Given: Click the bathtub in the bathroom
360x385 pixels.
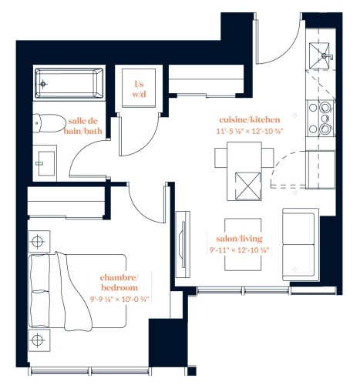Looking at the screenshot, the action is [x=69, y=83].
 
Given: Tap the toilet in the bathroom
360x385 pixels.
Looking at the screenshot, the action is [x=49, y=123].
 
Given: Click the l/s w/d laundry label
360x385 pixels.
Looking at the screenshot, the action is [x=139, y=89].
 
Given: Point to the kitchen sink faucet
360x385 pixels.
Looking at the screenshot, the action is [x=327, y=55].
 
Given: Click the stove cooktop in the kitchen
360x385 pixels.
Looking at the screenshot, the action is [x=321, y=118].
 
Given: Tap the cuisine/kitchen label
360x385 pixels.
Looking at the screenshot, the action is [x=249, y=119].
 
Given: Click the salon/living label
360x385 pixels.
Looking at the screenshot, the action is [x=239, y=239].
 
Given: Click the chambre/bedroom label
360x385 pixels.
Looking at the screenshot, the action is [x=119, y=283].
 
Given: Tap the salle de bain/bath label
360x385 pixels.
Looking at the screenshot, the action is [x=82, y=126].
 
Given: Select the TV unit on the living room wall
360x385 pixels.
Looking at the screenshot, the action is [x=183, y=245].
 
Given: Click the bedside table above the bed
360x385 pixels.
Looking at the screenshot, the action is [x=39, y=241].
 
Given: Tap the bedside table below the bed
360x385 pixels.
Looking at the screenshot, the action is [x=39, y=340].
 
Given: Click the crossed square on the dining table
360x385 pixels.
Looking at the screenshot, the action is [x=248, y=186].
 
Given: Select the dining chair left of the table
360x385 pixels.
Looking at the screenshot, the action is [x=221, y=158].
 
